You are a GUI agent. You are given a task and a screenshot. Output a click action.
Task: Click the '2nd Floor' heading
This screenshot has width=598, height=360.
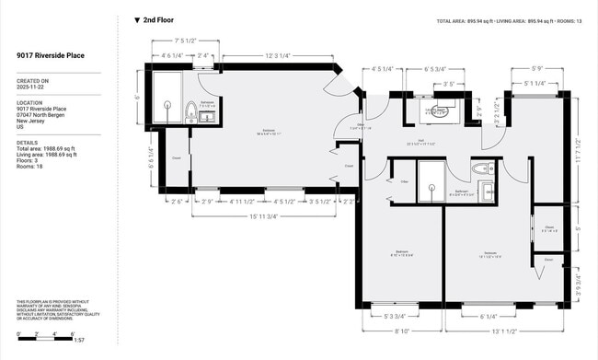(158, 19)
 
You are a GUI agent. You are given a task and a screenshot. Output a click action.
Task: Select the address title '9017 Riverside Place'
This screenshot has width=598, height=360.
(51, 55)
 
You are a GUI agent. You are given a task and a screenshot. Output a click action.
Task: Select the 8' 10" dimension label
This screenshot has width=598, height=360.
(401, 332)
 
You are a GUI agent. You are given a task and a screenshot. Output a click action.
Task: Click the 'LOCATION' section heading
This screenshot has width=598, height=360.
(29, 102)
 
